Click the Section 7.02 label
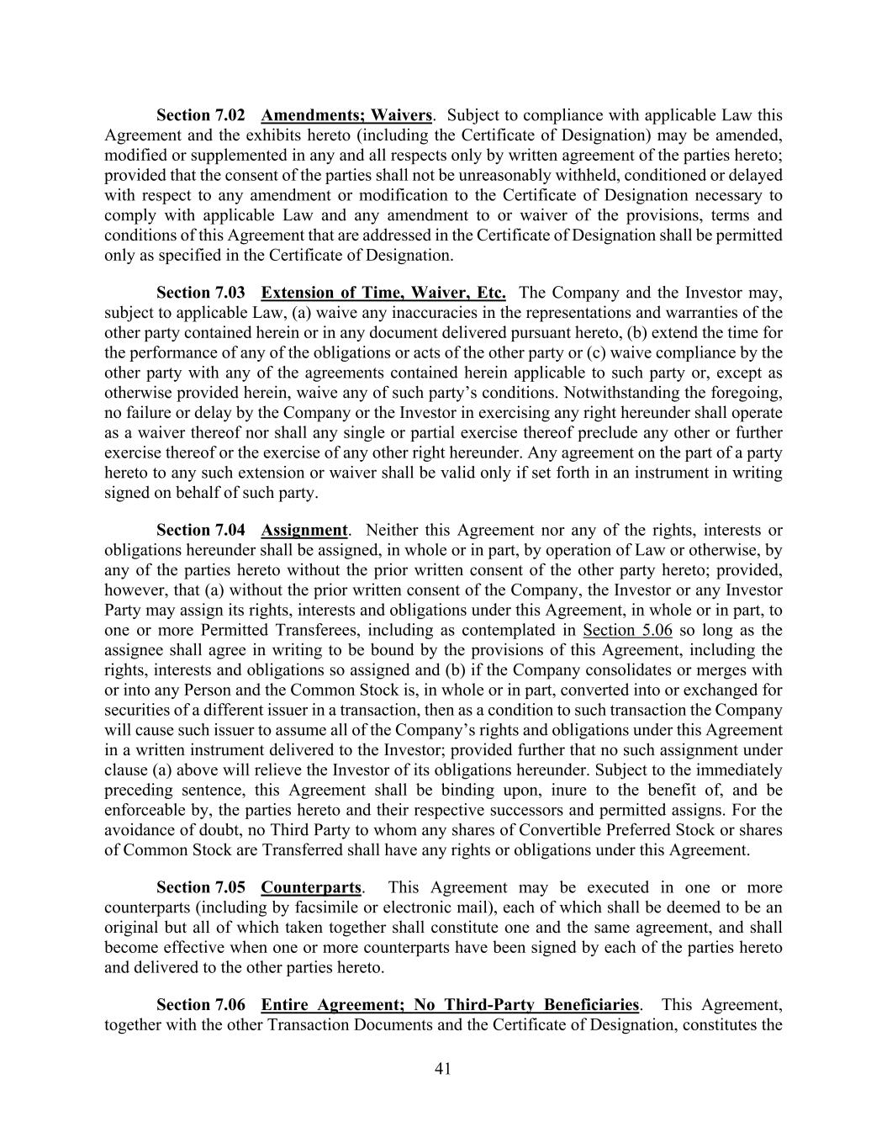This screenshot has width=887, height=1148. click(201, 114)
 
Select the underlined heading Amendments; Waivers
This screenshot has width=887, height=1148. click(346, 114)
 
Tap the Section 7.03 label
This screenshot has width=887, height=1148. click(201, 293)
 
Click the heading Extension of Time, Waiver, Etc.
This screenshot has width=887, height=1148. click(383, 293)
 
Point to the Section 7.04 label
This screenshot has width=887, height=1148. click(201, 530)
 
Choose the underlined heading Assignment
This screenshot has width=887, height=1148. click(304, 530)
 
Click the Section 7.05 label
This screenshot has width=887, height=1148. click(201, 887)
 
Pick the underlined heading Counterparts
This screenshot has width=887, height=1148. click(311, 887)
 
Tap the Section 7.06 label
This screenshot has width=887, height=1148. click(201, 1005)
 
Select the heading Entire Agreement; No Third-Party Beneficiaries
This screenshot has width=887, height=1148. click(450, 1005)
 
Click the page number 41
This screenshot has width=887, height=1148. click(443, 1069)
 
